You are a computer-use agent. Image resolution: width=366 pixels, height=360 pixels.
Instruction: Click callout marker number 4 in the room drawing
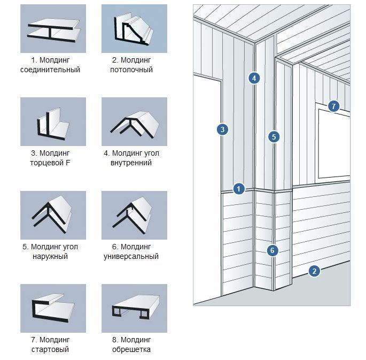[254, 78]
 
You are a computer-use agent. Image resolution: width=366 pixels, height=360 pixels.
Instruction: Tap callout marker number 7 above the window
[333, 106]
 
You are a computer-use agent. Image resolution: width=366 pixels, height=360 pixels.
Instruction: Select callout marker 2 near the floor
[314, 271]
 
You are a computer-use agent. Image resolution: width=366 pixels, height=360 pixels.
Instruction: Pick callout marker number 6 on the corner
[272, 251]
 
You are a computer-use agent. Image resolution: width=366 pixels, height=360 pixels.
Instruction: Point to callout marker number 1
[238, 188]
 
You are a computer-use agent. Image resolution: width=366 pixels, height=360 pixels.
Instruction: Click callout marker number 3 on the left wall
[222, 129]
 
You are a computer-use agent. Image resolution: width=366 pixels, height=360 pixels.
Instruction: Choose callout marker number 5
[274, 137]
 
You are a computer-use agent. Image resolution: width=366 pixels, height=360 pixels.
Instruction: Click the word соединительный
[50, 70]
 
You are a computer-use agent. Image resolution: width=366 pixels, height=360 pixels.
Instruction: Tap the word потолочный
[131, 70]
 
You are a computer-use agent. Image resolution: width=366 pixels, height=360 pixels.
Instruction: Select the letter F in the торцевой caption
[68, 163]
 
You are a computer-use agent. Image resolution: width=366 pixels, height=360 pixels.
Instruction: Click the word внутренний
[131, 163]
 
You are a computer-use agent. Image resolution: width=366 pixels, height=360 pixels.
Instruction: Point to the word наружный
[50, 257]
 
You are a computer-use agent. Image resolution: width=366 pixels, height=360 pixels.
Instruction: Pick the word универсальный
[131, 257]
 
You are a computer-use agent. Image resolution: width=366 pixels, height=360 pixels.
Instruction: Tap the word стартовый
[50, 350]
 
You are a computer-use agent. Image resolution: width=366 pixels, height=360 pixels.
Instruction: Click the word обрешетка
[131, 350]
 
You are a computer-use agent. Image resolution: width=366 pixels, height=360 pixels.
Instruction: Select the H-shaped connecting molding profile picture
[53, 28]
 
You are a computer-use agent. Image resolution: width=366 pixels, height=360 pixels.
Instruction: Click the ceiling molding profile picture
[134, 28]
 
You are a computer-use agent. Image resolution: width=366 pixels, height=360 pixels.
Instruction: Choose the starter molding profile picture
[53, 308]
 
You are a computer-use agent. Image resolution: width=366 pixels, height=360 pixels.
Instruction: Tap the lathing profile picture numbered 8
[134, 308]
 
